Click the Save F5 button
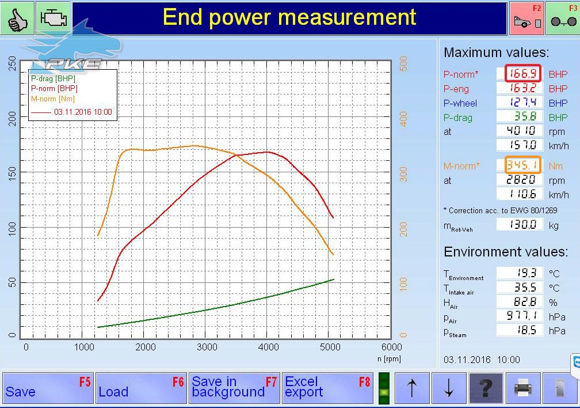coord(48,388)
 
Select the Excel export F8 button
coord(328,388)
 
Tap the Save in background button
coord(235,388)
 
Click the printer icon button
coord(523,388)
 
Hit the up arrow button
coord(412,388)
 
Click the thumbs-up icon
coord(17,18)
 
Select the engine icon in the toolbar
coord(54,18)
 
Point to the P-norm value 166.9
coord(523,73)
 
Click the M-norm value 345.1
coord(523,165)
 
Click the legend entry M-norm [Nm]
coord(53,99)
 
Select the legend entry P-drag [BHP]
coord(53,78)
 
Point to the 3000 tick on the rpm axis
coord(207,347)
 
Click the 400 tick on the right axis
coord(403,119)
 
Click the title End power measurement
coord(289,17)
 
